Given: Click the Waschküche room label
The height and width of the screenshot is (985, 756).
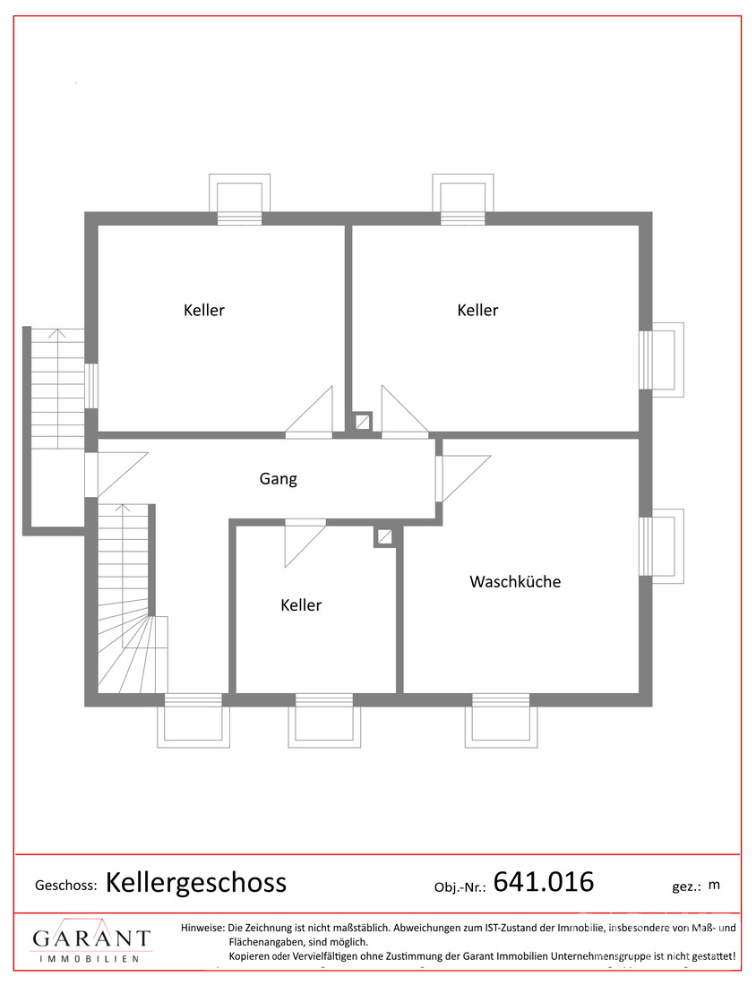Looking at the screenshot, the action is [x=515, y=582].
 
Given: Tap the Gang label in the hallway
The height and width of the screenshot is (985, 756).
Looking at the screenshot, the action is [x=278, y=479].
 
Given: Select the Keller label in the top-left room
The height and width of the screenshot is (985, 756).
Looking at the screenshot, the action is [x=203, y=311].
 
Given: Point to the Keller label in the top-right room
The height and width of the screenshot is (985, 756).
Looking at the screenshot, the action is [x=477, y=311].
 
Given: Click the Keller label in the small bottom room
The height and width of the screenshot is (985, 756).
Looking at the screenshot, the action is [x=301, y=605].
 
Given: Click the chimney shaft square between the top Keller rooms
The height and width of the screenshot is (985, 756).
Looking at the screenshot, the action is [x=362, y=422].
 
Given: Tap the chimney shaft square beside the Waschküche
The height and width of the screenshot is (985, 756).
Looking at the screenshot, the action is [x=384, y=537].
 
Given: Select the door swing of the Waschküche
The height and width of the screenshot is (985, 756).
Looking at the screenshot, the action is [x=464, y=478].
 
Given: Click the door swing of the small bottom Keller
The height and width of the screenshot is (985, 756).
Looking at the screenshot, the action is [x=305, y=544].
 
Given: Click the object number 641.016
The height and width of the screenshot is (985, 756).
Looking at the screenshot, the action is [x=544, y=882].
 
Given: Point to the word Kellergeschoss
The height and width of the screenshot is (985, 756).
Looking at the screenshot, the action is [x=196, y=883].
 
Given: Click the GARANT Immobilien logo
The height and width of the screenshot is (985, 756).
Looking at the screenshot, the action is [x=91, y=941].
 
